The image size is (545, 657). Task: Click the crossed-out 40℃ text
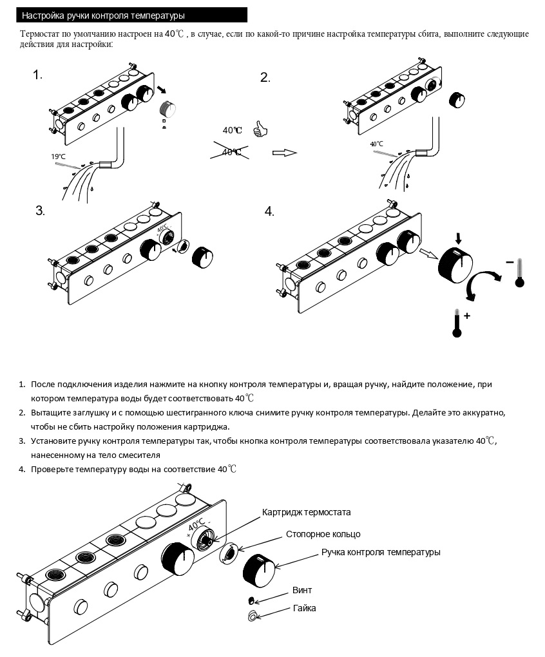tap(232, 152)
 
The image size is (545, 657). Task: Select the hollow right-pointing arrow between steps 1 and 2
tap(284, 153)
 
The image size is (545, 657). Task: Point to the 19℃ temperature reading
tap(58, 157)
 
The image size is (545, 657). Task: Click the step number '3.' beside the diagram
tap(40, 211)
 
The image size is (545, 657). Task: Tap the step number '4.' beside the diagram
tap(269, 212)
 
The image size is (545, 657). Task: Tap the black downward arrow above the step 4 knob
tap(458, 239)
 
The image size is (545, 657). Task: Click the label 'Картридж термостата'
tap(306, 513)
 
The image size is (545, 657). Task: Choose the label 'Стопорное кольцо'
tap(323, 534)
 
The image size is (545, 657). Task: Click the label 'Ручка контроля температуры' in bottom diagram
tap(381, 552)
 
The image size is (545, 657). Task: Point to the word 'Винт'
tap(302, 590)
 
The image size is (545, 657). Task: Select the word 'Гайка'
tap(304, 608)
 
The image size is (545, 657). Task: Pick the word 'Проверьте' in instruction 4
tap(52, 470)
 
